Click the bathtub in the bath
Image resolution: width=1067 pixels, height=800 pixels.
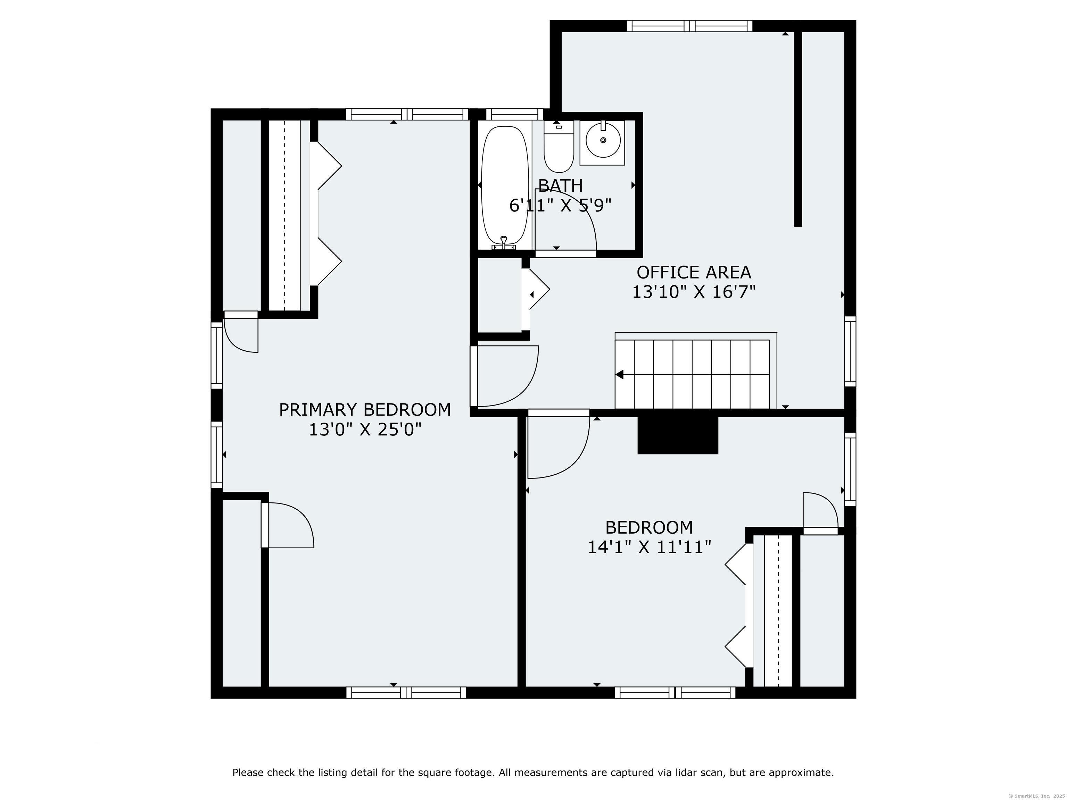(x=505, y=186)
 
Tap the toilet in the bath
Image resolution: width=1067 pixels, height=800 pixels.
(x=559, y=146)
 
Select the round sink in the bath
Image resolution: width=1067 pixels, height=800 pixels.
(x=603, y=140)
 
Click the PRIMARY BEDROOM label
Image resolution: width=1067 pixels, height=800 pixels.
(x=365, y=410)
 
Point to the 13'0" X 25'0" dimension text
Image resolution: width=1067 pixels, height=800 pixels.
(x=365, y=430)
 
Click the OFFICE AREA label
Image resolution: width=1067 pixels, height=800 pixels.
(x=694, y=273)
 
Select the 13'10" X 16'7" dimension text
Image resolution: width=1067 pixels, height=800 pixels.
(x=694, y=292)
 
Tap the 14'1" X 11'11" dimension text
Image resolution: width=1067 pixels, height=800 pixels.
(x=649, y=547)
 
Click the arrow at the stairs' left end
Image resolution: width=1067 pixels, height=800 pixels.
(x=619, y=374)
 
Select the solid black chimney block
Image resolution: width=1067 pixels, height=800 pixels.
(x=678, y=435)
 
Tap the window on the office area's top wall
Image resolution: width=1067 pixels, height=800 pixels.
(x=689, y=26)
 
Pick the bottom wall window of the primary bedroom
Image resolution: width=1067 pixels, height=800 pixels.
(x=406, y=692)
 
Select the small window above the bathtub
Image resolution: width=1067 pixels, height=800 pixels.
(x=514, y=114)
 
